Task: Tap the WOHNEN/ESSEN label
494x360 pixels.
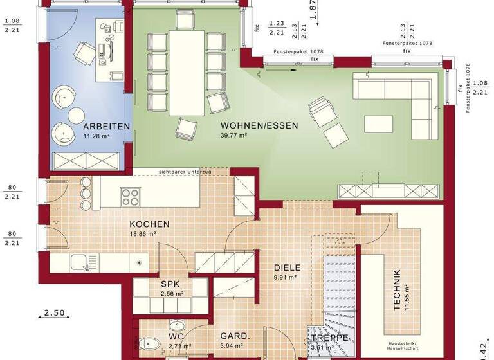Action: coord(259,126)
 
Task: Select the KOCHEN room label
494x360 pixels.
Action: coord(149,224)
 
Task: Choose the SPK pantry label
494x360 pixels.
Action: coord(170,283)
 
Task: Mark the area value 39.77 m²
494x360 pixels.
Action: coord(235,136)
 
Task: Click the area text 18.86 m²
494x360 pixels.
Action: coord(143,235)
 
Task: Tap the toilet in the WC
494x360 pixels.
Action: coord(149,344)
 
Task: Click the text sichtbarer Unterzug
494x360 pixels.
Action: coord(185,172)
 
